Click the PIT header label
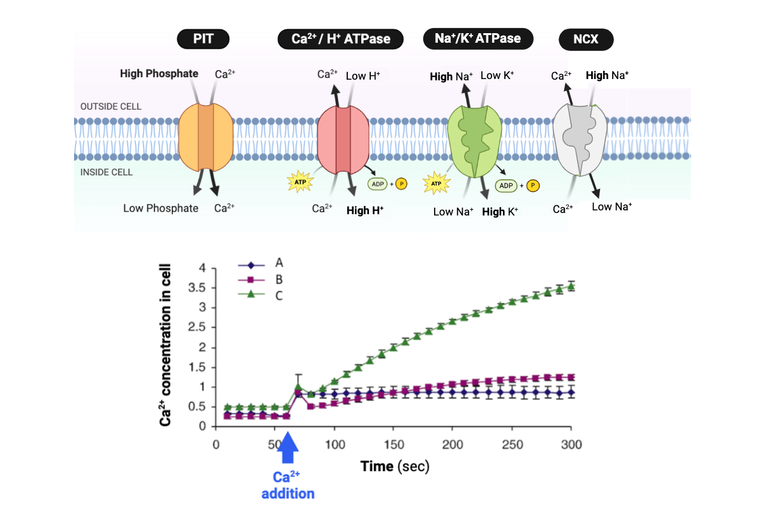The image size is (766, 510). (x=204, y=40)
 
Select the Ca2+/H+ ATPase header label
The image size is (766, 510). (x=342, y=40)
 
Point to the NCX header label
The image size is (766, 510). (x=586, y=40)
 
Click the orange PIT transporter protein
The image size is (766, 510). (x=206, y=137)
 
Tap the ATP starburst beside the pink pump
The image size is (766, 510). (x=300, y=182)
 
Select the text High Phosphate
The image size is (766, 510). (x=159, y=73)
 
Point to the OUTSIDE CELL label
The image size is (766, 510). (x=111, y=106)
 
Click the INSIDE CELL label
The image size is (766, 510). (x=107, y=172)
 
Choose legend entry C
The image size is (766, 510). (x=279, y=296)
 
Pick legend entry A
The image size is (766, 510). (x=279, y=263)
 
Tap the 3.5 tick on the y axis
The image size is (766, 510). (x=199, y=288)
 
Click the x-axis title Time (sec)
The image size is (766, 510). (x=394, y=466)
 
